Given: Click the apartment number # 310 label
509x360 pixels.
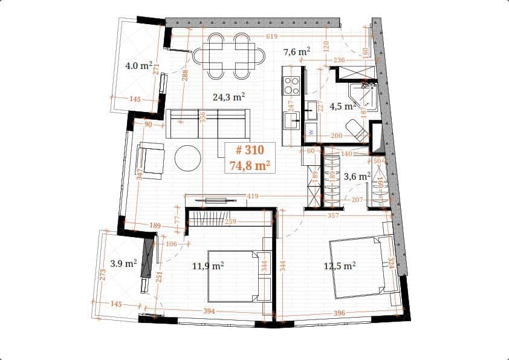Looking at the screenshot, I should point(250,151).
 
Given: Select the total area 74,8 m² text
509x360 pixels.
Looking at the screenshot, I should point(250,165).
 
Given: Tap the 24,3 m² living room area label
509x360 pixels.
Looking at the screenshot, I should point(229,96).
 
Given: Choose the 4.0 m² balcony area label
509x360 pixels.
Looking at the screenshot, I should point(138,65).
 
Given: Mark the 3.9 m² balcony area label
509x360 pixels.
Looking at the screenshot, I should point(123,263).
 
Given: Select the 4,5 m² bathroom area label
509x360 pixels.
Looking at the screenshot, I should point(343,106).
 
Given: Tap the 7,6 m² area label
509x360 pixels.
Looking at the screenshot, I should point(297,52).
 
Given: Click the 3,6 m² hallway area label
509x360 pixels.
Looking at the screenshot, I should point(357,177).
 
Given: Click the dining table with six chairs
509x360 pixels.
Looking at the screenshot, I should point(229,56).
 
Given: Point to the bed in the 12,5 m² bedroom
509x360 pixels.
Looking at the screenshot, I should point(359,267).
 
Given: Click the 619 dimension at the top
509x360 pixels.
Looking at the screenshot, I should point(271,37).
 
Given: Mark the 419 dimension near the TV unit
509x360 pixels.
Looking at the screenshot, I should point(253,196).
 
